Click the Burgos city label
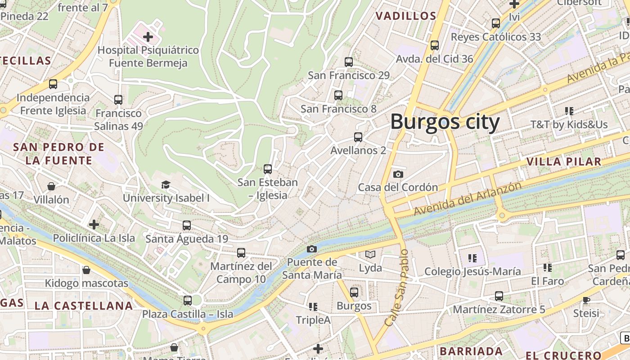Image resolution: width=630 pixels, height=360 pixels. (445, 122)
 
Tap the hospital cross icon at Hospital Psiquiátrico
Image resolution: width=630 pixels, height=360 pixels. (148, 36)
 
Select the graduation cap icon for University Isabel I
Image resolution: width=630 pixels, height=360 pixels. (166, 184)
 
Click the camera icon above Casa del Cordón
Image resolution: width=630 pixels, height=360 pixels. (398, 174)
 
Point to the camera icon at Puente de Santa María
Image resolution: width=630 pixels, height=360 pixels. (311, 249)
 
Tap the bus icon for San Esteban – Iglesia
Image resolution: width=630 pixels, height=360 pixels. (268, 169)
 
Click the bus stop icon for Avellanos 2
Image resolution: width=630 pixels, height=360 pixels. (358, 137)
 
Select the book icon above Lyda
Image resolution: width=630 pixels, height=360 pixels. (370, 255)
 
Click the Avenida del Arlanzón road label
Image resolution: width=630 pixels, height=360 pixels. (468, 198)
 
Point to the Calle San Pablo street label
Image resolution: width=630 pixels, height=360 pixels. (397, 288)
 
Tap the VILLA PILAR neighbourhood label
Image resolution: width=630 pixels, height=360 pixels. (563, 162)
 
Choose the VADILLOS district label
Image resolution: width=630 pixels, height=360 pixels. (406, 16)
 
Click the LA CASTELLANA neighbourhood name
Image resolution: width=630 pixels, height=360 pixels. (84, 306)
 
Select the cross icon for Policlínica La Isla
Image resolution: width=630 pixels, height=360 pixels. (94, 224)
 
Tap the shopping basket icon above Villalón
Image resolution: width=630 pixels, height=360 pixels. (51, 186)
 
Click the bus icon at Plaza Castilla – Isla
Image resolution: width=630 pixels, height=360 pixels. (188, 301)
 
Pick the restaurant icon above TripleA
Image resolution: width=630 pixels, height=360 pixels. (313, 307)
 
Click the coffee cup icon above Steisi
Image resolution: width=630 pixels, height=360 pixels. (586, 300)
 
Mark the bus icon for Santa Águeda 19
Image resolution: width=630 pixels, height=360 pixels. (187, 225)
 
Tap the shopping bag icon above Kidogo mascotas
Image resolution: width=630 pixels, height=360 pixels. (86, 270)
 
